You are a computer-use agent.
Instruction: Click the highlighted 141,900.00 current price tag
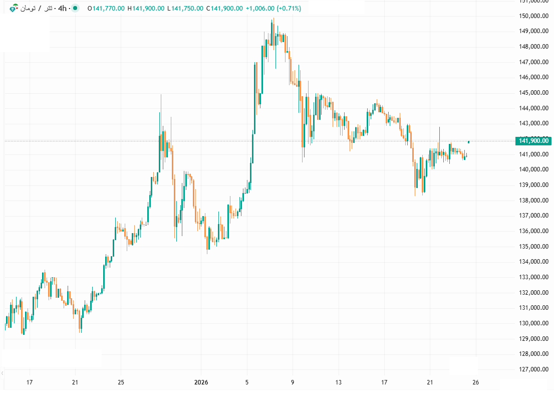534,141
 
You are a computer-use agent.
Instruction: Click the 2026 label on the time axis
201,382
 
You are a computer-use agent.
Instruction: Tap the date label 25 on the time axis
121,382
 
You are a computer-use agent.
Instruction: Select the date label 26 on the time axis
476,382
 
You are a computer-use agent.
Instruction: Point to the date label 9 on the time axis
293,382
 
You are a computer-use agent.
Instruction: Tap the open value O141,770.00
106,9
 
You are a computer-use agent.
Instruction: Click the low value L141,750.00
185,9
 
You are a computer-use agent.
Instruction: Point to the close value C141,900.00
224,9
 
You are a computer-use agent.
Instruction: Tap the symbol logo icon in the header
14,9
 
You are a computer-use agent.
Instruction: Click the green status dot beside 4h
75,9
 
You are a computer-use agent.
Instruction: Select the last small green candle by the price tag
469,142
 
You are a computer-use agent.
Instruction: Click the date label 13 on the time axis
339,382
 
